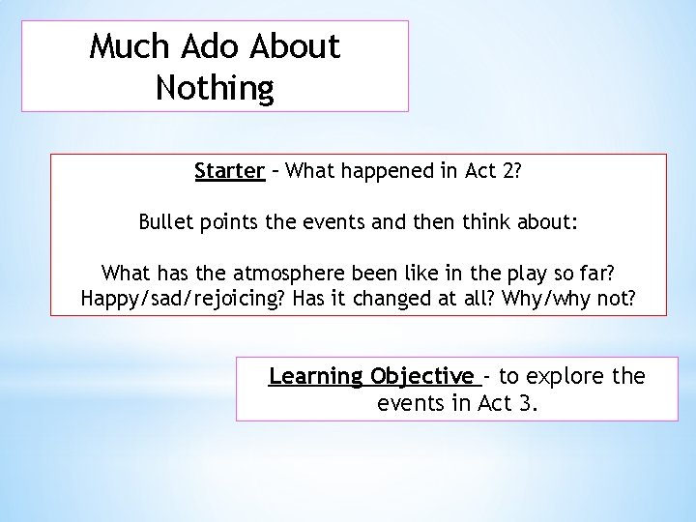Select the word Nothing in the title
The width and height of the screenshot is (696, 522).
click(x=214, y=89)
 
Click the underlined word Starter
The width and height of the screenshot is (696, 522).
click(x=229, y=172)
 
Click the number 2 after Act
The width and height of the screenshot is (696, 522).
click(x=506, y=172)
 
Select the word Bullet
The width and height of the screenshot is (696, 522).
click(x=169, y=224)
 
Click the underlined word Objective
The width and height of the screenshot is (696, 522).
click(x=422, y=376)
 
